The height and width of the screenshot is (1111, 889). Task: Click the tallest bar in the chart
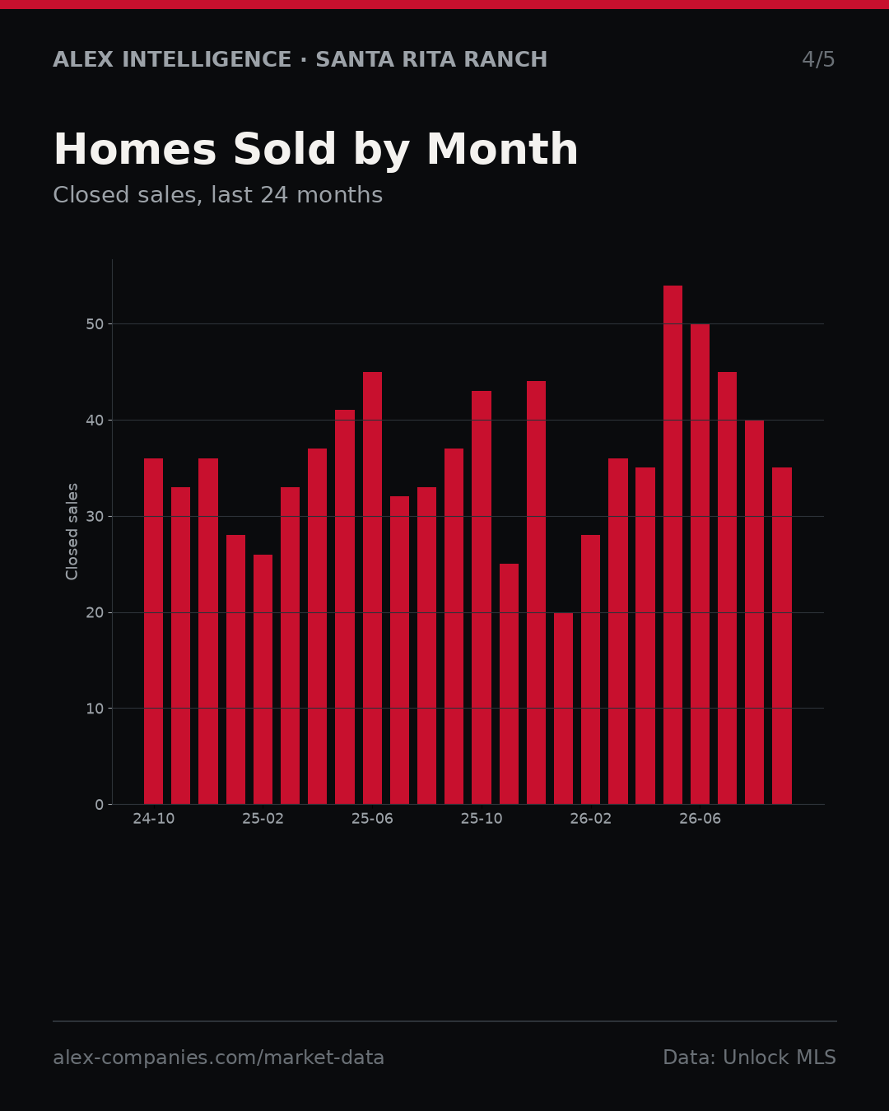(x=673, y=545)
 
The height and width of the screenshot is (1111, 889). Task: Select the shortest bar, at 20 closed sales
(x=563, y=709)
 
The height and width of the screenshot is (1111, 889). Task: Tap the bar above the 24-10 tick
(x=153, y=631)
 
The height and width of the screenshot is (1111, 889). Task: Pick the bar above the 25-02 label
(x=263, y=680)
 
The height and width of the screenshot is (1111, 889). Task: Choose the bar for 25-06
(x=372, y=588)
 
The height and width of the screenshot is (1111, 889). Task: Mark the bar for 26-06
(x=700, y=565)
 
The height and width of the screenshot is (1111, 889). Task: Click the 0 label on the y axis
(x=100, y=805)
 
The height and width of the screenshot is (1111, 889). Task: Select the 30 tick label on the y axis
(x=95, y=516)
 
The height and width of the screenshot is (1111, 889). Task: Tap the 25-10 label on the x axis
(x=482, y=819)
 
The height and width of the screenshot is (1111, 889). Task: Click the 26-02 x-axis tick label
(x=590, y=819)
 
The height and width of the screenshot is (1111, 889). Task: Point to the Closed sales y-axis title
(x=72, y=532)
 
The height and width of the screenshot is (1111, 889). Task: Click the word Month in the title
(x=502, y=149)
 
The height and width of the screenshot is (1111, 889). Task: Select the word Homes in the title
(x=135, y=149)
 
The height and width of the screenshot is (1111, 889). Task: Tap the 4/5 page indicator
(x=818, y=60)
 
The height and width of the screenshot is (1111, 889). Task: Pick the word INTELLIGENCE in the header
(x=207, y=60)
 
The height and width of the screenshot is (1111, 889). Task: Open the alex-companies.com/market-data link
(x=218, y=1058)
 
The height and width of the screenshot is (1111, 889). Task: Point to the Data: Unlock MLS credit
(x=749, y=1058)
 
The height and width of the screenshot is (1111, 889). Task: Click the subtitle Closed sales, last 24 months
(x=218, y=196)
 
